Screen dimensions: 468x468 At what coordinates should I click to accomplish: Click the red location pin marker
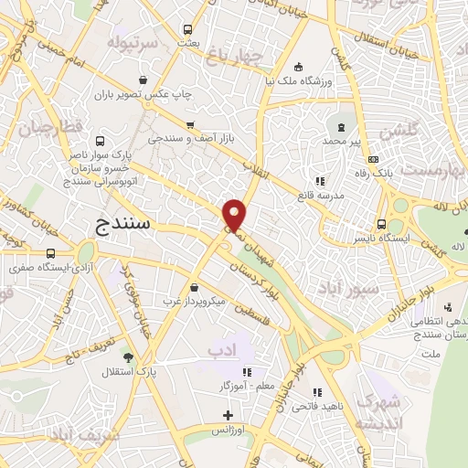[234, 214]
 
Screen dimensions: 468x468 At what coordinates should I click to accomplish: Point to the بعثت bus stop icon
[188, 29]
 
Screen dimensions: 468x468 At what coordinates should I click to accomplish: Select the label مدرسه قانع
[319, 196]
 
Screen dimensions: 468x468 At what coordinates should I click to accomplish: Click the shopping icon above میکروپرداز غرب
[194, 287]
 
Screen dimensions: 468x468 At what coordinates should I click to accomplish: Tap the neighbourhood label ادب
[220, 351]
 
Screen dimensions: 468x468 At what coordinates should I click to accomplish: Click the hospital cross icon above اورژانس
[228, 417]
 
